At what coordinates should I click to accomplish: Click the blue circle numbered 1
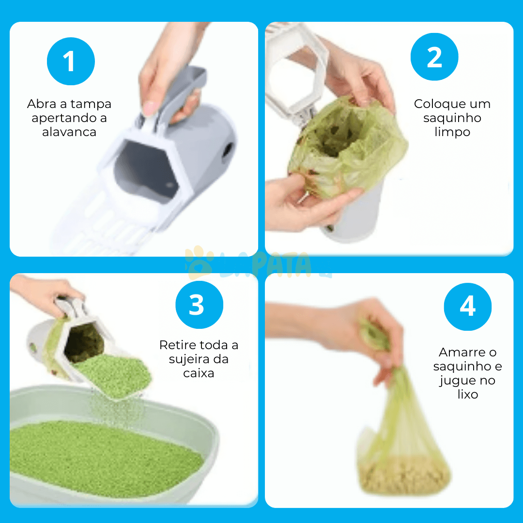tap(71, 62)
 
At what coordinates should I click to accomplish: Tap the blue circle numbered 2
tap(434, 57)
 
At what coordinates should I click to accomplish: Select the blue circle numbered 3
tap(199, 305)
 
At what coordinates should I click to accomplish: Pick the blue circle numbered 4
tap(468, 307)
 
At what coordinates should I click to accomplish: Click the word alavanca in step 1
tap(69, 132)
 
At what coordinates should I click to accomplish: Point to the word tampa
tap(91, 105)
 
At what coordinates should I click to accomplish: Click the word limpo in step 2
tap(452, 132)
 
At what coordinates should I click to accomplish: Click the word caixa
tap(199, 373)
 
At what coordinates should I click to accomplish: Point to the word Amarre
tap(462, 352)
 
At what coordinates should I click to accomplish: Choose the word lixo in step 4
tap(468, 394)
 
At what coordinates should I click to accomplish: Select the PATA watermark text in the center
tap(281, 265)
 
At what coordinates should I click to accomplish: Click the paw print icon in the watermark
tap(199, 262)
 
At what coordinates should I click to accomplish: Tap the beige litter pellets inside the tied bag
tap(403, 474)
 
